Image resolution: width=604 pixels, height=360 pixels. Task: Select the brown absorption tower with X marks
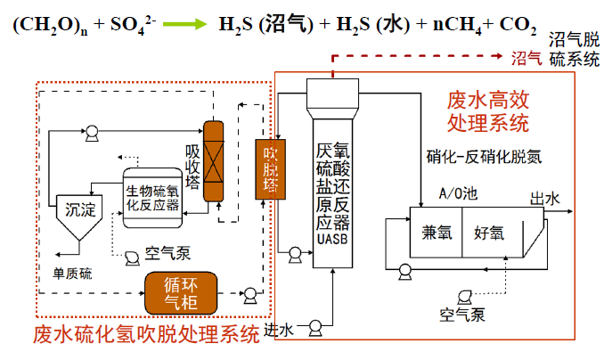pyautogui.click(x=213, y=160)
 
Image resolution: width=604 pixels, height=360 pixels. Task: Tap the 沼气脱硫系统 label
pyautogui.click(x=573, y=50)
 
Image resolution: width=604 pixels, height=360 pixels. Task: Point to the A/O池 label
pyautogui.click(x=458, y=192)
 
